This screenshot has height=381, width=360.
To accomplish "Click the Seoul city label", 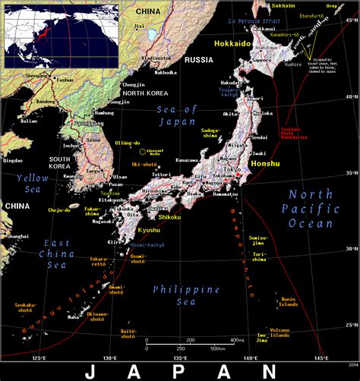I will click(x=93, y=140).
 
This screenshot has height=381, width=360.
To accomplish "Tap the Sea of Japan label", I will click(x=177, y=118).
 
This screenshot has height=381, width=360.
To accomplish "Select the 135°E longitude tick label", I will click(x=179, y=357).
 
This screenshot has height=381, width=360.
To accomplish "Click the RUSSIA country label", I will click(x=198, y=59).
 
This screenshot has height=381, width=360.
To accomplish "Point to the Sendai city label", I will click(x=258, y=138).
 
